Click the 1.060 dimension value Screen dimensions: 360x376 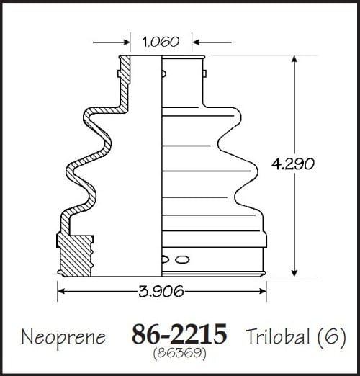(161, 42)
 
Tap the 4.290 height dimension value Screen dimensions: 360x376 (292, 164)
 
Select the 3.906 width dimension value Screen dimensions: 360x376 (161, 291)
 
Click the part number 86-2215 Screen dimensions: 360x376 (179, 334)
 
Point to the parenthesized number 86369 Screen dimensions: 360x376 (180, 353)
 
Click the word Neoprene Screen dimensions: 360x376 (63, 337)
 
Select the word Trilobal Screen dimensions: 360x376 (278, 336)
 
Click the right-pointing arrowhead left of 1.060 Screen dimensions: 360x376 (126, 42)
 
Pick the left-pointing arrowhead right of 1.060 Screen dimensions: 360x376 (196, 42)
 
